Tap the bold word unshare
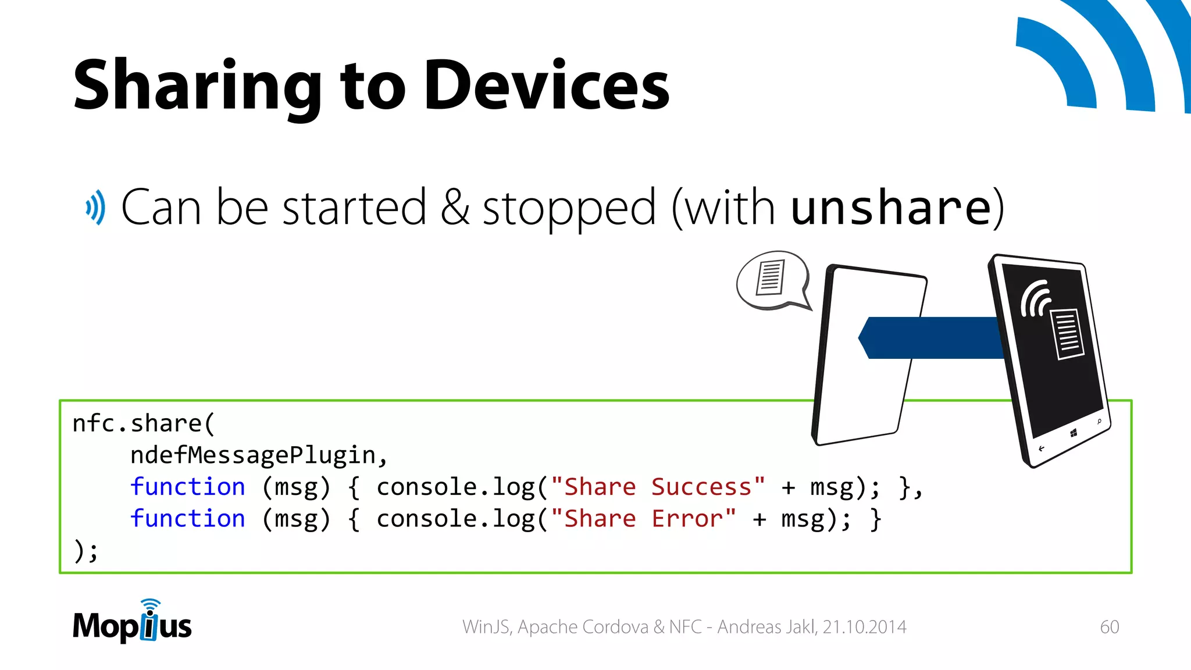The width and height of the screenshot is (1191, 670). tap(890, 208)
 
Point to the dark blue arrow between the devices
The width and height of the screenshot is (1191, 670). tap(930, 337)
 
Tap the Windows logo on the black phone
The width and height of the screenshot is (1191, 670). tap(1074, 433)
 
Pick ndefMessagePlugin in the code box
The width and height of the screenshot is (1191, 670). tap(258, 455)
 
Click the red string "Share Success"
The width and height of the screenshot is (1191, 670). tap(658, 487)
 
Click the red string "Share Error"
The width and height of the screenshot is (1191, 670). tap(643, 519)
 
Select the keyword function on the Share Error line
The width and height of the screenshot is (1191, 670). tap(187, 519)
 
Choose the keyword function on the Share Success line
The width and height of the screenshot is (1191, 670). tap(187, 487)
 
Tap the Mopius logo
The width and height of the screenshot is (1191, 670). tap(133, 623)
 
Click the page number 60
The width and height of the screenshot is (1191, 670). tap(1109, 627)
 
